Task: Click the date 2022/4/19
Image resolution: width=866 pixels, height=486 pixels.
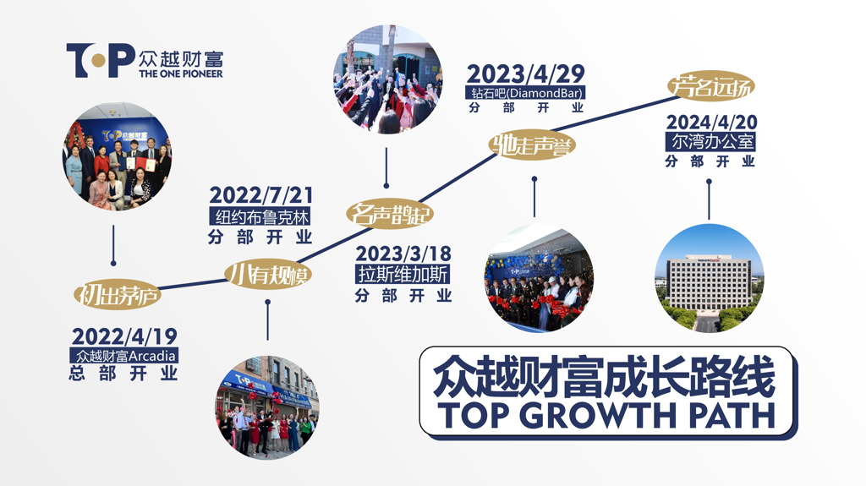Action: [124, 336]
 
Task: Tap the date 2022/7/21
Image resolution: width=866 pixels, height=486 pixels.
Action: [261, 195]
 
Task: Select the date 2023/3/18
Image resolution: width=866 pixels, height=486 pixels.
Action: [403, 254]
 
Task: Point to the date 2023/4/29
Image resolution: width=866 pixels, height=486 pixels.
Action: [525, 74]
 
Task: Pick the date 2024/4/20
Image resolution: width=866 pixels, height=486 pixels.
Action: [711, 122]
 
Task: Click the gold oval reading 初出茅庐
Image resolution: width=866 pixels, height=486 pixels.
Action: [118, 294]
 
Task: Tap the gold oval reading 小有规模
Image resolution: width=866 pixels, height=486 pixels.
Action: [268, 274]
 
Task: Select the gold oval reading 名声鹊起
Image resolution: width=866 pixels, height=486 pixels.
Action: [390, 214]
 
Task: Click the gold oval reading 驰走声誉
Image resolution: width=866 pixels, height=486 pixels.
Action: [533, 145]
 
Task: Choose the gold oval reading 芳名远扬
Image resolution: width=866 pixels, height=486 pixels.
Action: [710, 86]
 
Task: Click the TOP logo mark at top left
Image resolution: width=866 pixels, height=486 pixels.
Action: [101, 60]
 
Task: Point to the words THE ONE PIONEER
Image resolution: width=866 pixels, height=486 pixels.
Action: [181, 74]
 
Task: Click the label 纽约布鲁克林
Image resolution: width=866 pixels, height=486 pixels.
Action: [261, 216]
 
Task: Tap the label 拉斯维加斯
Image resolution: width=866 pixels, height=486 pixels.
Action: [403, 275]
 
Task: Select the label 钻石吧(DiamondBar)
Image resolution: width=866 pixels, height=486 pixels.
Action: [525, 93]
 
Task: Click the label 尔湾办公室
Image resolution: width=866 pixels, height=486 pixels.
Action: [711, 142]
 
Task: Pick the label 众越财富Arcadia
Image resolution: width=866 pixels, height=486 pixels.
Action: [124, 355]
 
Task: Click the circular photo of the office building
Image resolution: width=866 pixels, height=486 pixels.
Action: [710, 278]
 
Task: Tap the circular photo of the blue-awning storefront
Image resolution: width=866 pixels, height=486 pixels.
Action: [267, 407]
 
